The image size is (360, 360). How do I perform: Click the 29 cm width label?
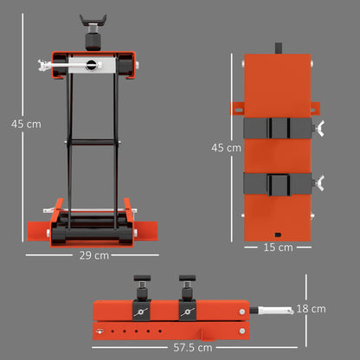[94, 255]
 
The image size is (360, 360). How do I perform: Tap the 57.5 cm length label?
[193, 348]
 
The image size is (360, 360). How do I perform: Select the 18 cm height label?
[311, 309]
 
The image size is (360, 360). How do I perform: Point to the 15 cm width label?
[278, 247]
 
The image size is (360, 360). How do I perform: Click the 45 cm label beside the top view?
[226, 148]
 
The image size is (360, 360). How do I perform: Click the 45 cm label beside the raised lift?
[26, 124]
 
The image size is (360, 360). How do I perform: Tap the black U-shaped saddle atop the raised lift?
[93, 20]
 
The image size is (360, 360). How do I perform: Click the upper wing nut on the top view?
[319, 128]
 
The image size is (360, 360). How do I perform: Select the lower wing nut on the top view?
[319, 183]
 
